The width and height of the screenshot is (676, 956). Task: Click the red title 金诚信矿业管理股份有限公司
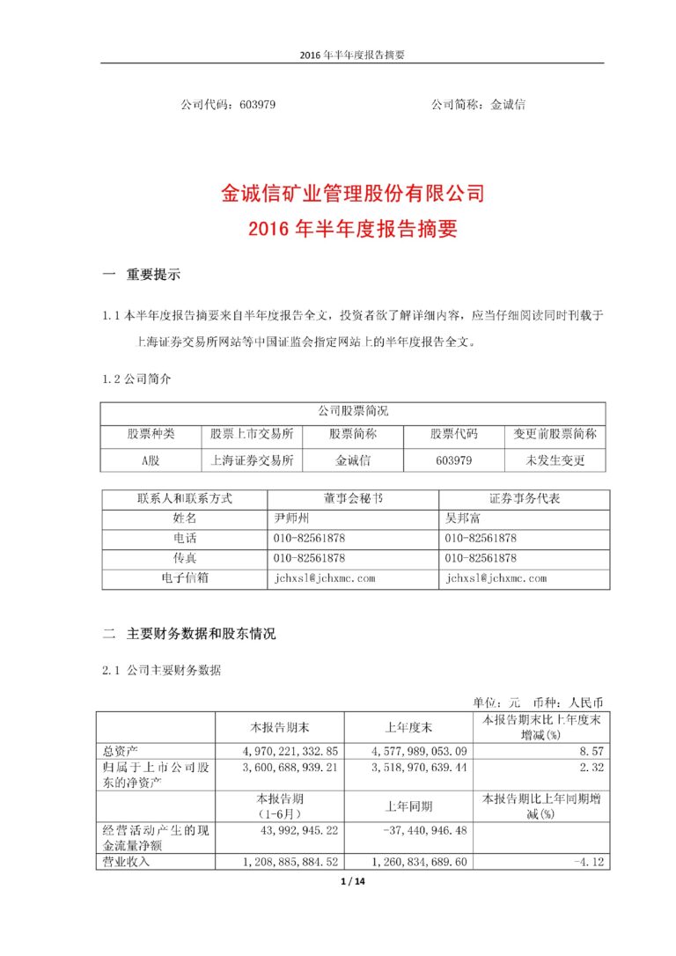tap(353, 193)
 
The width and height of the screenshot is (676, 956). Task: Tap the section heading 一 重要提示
tap(142, 275)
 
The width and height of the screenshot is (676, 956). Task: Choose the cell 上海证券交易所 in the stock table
tap(252, 460)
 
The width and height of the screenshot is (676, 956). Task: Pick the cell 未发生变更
tap(555, 460)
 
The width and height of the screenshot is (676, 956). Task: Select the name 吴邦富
tap(464, 518)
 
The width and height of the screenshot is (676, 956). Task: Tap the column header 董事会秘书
tap(353, 498)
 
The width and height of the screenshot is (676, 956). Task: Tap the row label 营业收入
tap(128, 862)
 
